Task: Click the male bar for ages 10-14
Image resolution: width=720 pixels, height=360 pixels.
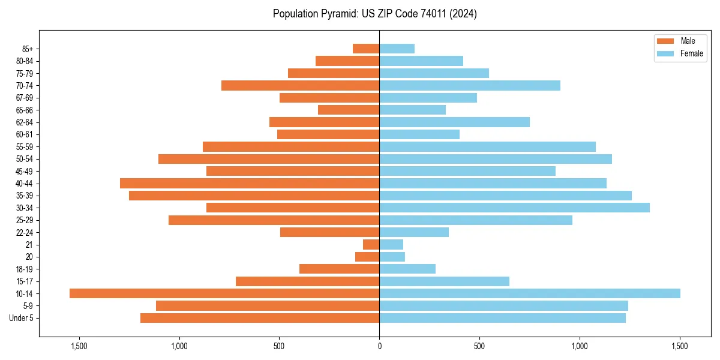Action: click(224, 293)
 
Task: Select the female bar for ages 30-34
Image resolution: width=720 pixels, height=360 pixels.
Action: click(514, 208)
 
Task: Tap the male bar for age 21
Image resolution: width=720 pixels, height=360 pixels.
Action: click(371, 244)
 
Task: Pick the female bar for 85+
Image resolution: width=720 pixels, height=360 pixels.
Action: click(397, 49)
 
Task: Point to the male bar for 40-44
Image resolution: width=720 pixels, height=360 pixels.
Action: click(250, 183)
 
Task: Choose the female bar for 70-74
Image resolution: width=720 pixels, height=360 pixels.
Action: click(470, 85)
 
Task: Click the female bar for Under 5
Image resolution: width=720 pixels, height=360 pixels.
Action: click(502, 318)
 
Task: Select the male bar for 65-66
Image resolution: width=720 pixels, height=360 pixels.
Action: click(349, 110)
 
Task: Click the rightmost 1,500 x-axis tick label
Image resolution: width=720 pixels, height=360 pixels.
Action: click(680, 346)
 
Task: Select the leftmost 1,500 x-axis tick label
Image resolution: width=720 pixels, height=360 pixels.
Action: click(79, 346)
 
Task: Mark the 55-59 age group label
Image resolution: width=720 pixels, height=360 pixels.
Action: click(25, 146)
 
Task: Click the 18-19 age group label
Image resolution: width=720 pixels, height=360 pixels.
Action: click(25, 269)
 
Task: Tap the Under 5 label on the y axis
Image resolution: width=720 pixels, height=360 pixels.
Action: click(22, 318)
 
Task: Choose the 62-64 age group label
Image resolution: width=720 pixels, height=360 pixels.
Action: click(25, 122)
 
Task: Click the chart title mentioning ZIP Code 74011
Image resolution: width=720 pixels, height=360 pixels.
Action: click(375, 14)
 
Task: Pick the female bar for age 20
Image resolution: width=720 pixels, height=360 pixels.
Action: click(392, 257)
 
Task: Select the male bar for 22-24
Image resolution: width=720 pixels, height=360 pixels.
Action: click(329, 232)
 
